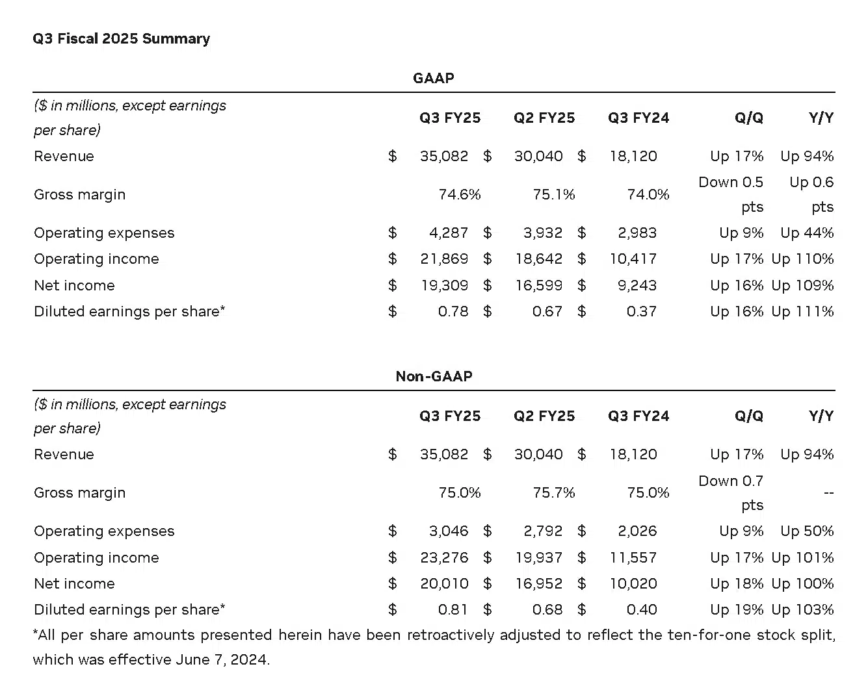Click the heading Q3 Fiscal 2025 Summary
point(122,39)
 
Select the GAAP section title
point(434,78)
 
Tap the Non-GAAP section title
point(434,376)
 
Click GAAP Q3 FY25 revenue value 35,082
point(444,156)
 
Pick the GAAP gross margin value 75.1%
point(554,194)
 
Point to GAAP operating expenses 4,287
point(449,233)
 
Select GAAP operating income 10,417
point(633,259)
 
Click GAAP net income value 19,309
point(444,285)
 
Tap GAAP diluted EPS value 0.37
point(642,311)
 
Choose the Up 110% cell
point(802,259)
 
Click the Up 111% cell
point(802,311)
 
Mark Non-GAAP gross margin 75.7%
point(554,492)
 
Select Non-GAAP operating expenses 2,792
point(543,531)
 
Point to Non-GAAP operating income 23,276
point(444,557)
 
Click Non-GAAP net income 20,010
point(444,583)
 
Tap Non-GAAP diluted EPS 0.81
point(453,609)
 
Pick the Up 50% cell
point(807,531)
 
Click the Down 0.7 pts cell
point(731,492)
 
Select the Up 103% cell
point(802,609)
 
